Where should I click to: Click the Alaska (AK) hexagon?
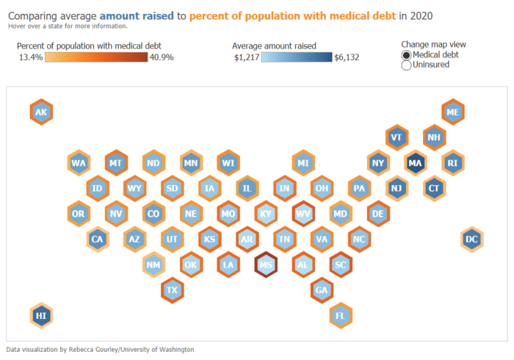(x=41, y=112)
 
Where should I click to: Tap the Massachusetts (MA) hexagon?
(x=415, y=162)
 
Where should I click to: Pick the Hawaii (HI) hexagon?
(x=41, y=315)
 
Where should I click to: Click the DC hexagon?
(x=472, y=239)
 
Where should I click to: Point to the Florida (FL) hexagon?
(x=340, y=315)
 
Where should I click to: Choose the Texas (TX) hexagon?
(x=173, y=289)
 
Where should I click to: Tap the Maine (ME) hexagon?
(x=453, y=112)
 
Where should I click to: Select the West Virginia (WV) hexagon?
(x=303, y=214)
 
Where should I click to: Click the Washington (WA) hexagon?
(x=79, y=162)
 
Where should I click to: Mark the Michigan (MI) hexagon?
(x=303, y=162)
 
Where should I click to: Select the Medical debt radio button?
(x=407, y=55)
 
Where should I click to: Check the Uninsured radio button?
(x=407, y=65)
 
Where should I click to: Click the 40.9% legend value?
(x=162, y=57)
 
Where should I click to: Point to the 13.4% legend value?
(x=29, y=57)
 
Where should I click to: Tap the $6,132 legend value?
(x=347, y=57)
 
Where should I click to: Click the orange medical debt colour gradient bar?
(x=95, y=57)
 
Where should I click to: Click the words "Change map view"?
(x=434, y=44)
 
